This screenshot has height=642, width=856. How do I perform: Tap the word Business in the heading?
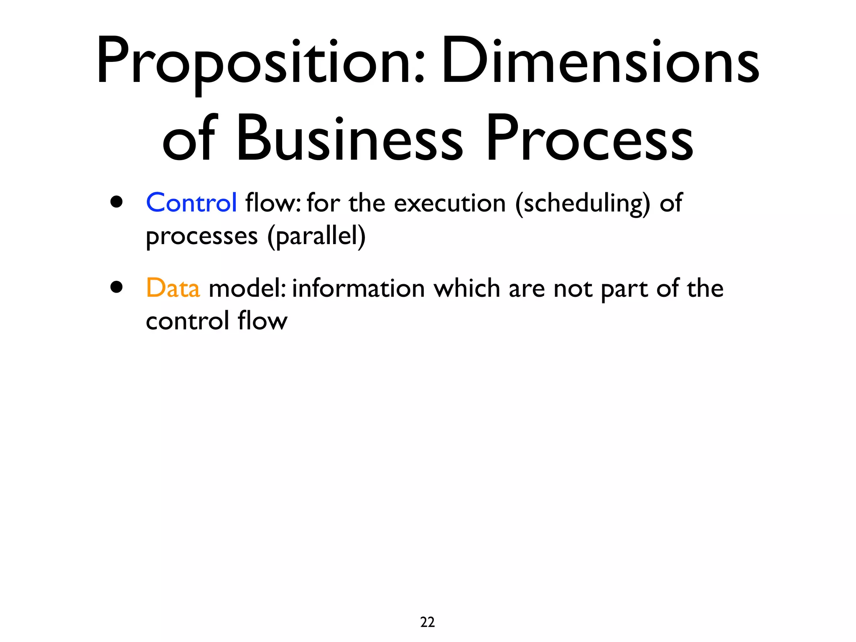tap(349, 138)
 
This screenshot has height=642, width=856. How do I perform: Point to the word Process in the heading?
tap(589, 138)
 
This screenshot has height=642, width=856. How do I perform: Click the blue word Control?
tap(191, 203)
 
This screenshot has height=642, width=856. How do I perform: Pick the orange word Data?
tap(173, 288)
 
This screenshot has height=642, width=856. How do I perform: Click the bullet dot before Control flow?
tap(117, 202)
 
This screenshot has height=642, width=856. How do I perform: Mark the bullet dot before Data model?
tap(117, 287)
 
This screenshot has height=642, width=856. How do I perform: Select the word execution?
tap(449, 204)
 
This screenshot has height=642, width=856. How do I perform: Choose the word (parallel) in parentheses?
tap(316, 237)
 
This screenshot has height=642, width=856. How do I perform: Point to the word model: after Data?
tap(247, 288)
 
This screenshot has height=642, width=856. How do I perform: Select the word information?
tap(358, 288)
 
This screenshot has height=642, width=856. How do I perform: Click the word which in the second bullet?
tap(466, 288)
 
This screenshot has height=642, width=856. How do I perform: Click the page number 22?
tap(427, 622)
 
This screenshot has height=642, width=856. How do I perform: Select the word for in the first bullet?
tap(323, 203)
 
